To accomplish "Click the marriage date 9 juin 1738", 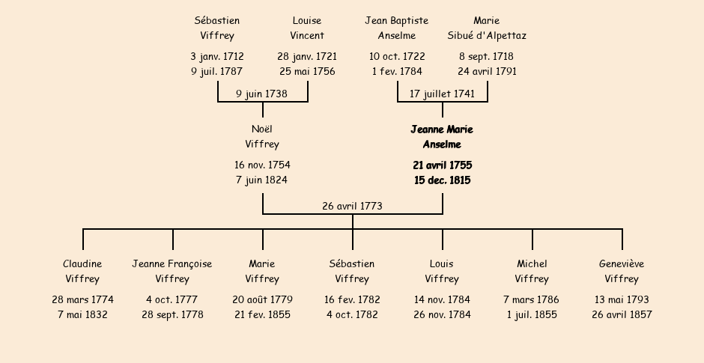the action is (x=262, y=94).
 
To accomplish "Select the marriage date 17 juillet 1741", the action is (x=442, y=94).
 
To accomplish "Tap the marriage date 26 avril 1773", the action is (x=353, y=206).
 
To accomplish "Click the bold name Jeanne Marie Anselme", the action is (x=442, y=137).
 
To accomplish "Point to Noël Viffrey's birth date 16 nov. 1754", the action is (x=262, y=165).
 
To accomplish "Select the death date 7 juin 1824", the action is (x=262, y=180).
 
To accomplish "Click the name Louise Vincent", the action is (x=307, y=28).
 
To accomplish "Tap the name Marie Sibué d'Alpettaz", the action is (x=487, y=28).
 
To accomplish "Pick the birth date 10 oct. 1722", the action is (x=397, y=57).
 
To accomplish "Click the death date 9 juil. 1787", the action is (x=217, y=71).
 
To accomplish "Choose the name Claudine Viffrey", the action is (x=82, y=271).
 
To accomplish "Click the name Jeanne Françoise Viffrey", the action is (x=172, y=271).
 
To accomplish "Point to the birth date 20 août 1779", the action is (x=262, y=299).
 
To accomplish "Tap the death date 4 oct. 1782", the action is (x=352, y=314).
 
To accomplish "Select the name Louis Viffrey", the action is (x=442, y=271).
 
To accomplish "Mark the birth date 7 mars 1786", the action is (x=532, y=299).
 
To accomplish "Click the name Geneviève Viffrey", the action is (x=622, y=271).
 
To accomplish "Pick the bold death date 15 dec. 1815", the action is (x=442, y=180).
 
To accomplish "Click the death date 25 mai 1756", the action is (x=307, y=71).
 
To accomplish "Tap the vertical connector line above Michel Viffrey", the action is (x=532, y=240).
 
